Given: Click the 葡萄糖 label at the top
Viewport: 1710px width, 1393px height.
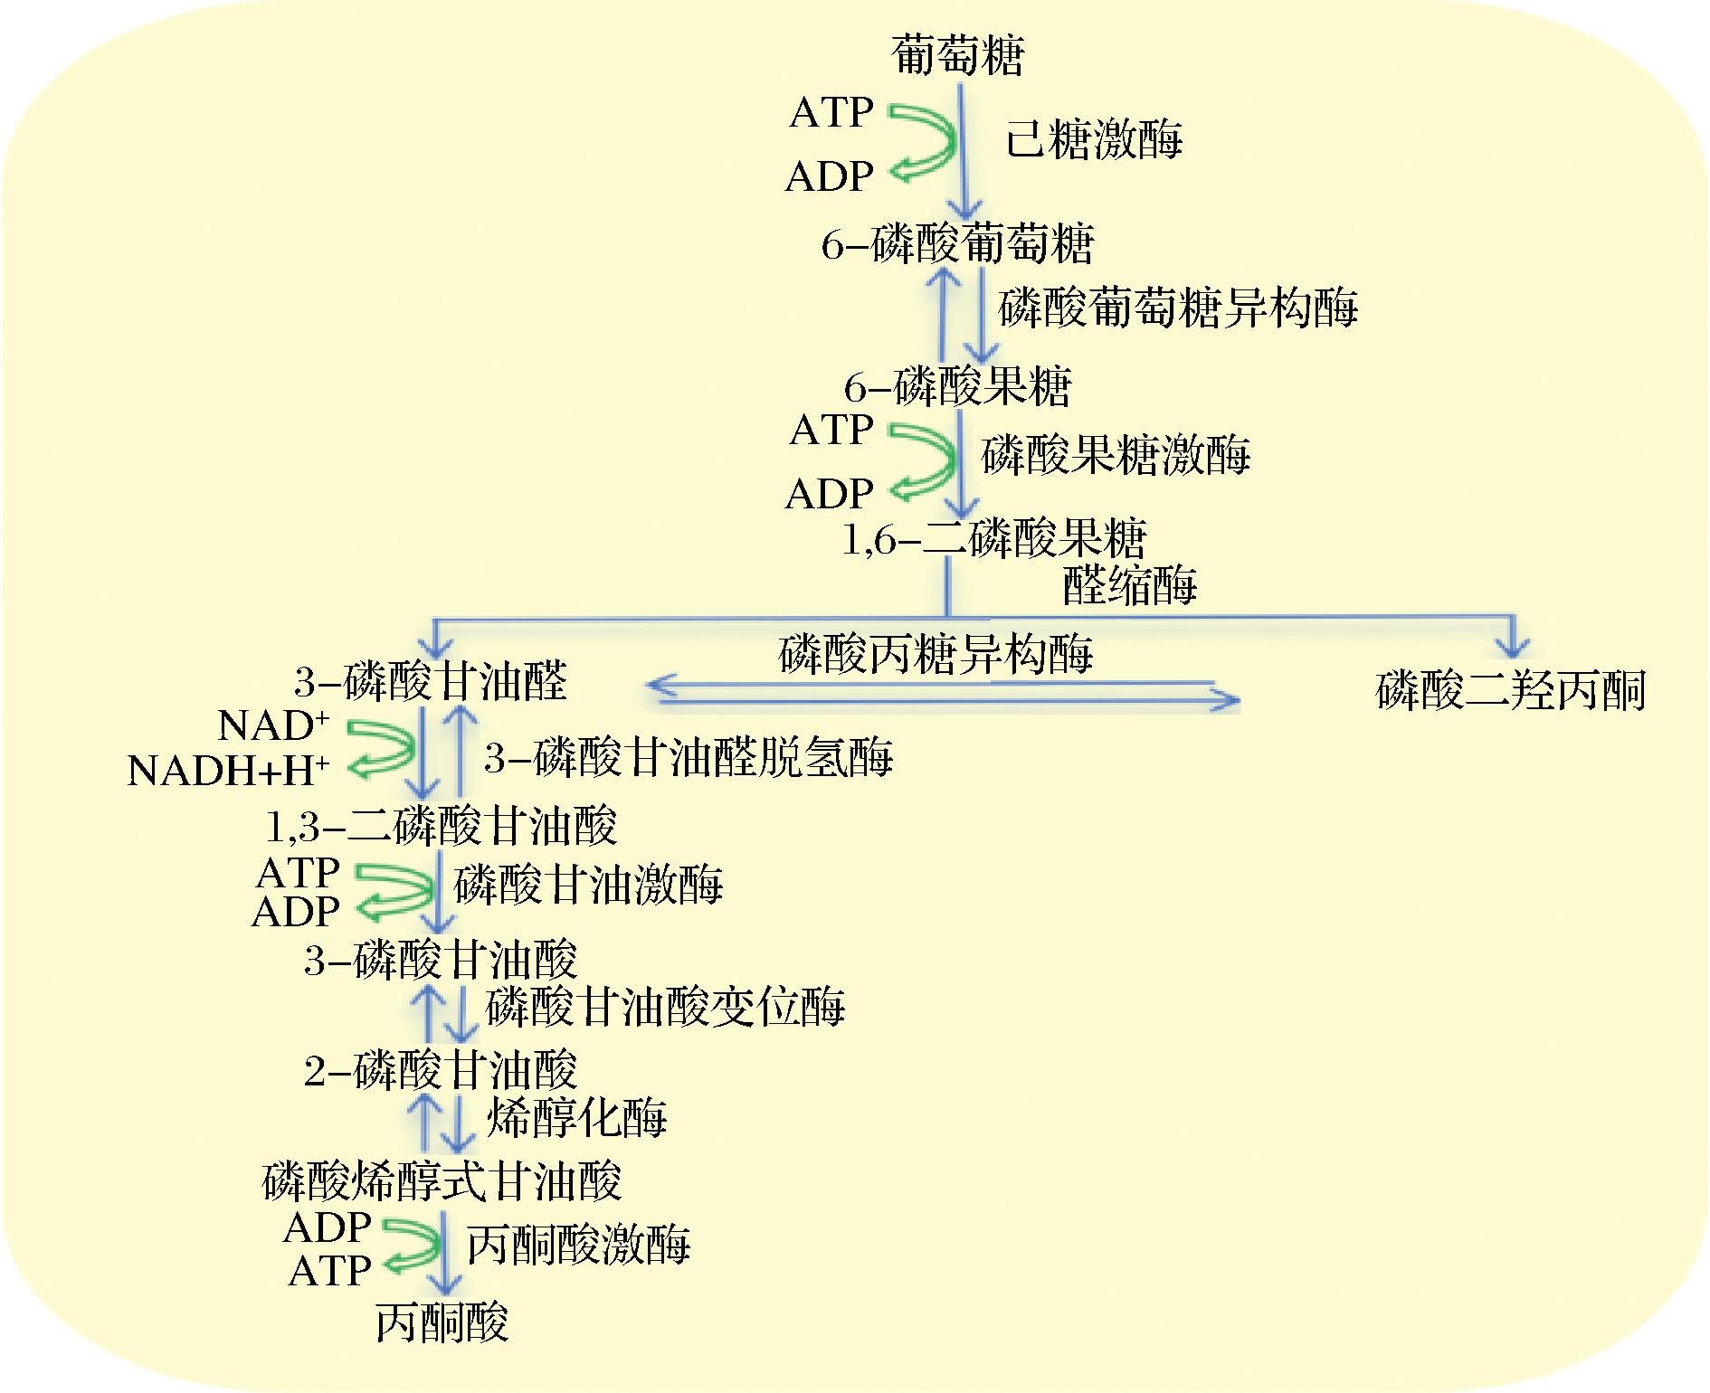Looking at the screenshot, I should tap(957, 56).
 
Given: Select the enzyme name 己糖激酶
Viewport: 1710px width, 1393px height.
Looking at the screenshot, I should tap(1094, 141).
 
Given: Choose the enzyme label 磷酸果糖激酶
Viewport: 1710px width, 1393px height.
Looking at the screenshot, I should tap(1116, 455).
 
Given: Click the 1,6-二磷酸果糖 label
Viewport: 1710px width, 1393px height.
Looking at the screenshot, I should tap(993, 540).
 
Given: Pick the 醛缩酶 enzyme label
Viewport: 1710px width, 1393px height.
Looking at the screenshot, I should tap(1129, 586).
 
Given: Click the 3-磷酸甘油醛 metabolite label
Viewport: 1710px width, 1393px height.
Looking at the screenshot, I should tap(431, 681).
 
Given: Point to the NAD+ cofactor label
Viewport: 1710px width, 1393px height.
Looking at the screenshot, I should tap(273, 725).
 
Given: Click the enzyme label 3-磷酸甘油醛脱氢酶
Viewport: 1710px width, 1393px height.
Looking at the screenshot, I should tap(689, 758).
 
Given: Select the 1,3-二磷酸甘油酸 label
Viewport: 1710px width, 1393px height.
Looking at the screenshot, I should tap(441, 826).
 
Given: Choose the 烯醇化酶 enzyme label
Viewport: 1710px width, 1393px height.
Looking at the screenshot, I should tap(577, 1119).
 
